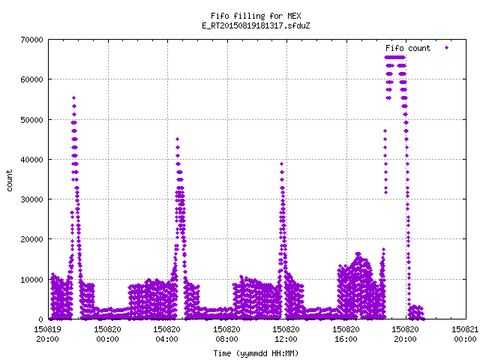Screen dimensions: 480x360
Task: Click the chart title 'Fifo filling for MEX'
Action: pos(256,16)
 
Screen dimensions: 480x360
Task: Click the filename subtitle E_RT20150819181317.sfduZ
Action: pos(256,25)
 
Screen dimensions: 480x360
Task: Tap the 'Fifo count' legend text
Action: pos(408,48)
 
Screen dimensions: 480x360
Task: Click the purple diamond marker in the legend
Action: pos(447,48)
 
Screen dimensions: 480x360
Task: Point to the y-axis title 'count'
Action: pos(9,180)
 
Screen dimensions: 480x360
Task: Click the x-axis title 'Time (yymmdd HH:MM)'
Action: pos(256,353)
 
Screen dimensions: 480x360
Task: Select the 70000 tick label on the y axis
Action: pos(31,40)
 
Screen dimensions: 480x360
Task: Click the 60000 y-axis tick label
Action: pos(31,79)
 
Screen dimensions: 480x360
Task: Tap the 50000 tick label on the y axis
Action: pos(31,120)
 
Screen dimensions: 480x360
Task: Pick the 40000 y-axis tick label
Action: pos(31,160)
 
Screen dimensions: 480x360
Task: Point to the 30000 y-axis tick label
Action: pos(31,199)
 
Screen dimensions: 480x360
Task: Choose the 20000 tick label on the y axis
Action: pos(31,239)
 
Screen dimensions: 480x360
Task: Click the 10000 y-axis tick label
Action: pos(31,280)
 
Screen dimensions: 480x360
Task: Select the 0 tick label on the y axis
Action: pos(40,319)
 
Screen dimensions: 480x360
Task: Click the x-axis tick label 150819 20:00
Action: pos(47,334)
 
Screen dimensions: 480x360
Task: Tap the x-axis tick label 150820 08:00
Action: pos(226,334)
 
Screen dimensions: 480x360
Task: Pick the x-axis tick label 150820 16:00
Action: pos(346,334)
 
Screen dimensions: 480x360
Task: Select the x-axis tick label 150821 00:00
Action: pos(465,334)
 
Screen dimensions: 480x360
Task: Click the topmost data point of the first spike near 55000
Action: pos(73,98)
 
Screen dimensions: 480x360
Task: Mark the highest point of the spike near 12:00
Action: pos(282,163)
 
